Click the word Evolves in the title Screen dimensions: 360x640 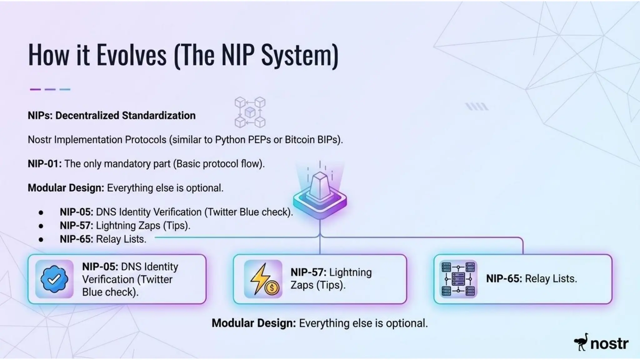[131, 55]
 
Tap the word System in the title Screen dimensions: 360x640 [299, 55]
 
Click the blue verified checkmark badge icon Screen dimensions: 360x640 [54, 279]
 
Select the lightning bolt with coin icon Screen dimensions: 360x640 [263, 279]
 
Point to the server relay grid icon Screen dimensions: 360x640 [458, 279]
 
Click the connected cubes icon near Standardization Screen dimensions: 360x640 [250, 112]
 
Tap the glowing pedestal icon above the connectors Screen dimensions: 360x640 [320, 194]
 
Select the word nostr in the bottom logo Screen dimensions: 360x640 [609, 343]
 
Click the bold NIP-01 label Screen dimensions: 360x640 [45, 164]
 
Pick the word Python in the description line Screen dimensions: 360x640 [231, 140]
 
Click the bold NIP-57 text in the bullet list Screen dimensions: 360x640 [76, 226]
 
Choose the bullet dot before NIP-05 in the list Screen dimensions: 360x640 [41, 212]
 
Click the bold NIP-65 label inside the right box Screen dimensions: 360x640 [504, 279]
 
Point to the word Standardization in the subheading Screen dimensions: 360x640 [158, 116]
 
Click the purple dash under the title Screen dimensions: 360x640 [35, 89]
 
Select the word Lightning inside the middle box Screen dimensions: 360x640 [351, 272]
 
